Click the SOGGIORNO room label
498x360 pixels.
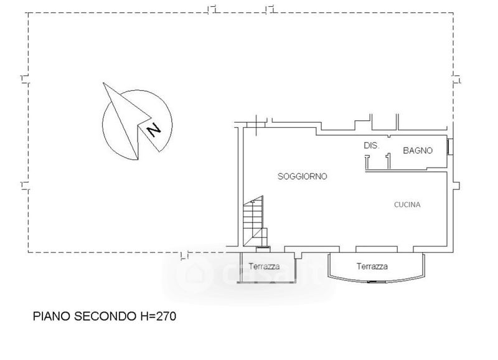point(302,176)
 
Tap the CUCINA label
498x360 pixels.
point(407,205)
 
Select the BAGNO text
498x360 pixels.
point(418,150)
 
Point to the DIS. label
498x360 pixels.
point(371,146)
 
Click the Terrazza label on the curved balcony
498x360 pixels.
point(372,267)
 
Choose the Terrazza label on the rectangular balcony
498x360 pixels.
point(264,267)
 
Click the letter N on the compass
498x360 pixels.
point(154,130)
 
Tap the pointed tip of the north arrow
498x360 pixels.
point(103,83)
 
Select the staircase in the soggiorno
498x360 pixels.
point(255,222)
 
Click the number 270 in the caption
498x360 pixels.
point(166,316)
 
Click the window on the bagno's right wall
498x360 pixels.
point(450,147)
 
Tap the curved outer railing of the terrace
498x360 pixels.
point(377,280)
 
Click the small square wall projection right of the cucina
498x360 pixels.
point(456,186)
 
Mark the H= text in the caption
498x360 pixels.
point(148,316)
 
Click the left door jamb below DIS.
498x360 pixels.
point(367,162)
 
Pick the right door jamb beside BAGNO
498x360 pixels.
point(388,161)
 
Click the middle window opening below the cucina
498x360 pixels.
point(377,249)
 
